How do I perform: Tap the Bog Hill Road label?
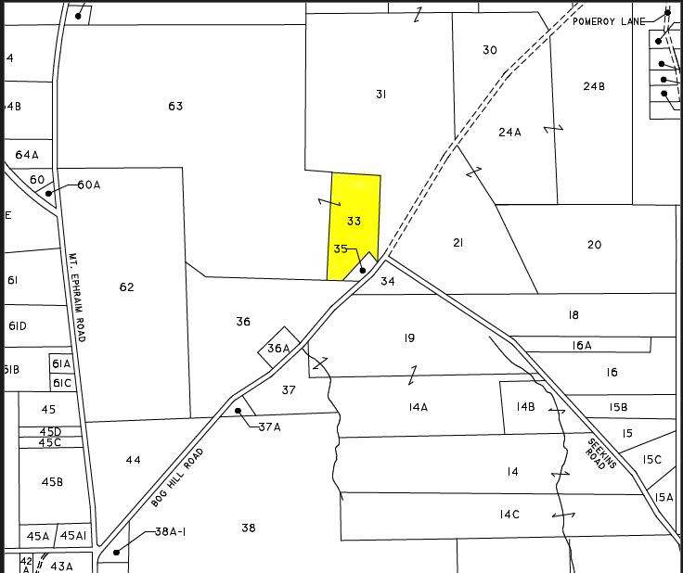176,477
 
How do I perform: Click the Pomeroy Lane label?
608,20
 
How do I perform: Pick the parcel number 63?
175,106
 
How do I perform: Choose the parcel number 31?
380,94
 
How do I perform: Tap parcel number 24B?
594,86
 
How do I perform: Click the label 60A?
89,185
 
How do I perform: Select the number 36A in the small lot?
278,349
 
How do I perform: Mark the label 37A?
269,427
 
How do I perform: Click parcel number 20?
594,245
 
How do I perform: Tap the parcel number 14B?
526,406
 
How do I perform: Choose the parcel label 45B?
52,481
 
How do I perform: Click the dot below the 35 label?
363,271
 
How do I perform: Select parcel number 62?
126,287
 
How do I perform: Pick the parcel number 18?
573,315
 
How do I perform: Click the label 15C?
652,459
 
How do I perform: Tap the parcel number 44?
134,460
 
